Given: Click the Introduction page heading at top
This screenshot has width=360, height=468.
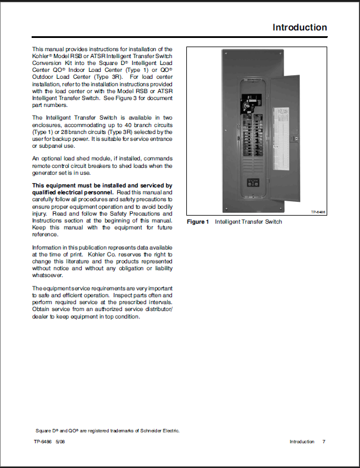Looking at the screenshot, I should click(x=300, y=28).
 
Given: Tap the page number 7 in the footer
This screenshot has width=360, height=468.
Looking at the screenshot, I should click(x=324, y=442).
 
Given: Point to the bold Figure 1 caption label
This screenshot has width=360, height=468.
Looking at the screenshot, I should click(x=198, y=222).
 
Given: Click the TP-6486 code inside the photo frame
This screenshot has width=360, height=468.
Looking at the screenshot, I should click(x=318, y=212).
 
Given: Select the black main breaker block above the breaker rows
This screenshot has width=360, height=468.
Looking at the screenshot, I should click(x=252, y=105).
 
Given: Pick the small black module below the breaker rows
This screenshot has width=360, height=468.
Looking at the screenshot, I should click(x=252, y=184).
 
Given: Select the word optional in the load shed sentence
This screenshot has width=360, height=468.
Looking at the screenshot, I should click(x=53, y=159).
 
